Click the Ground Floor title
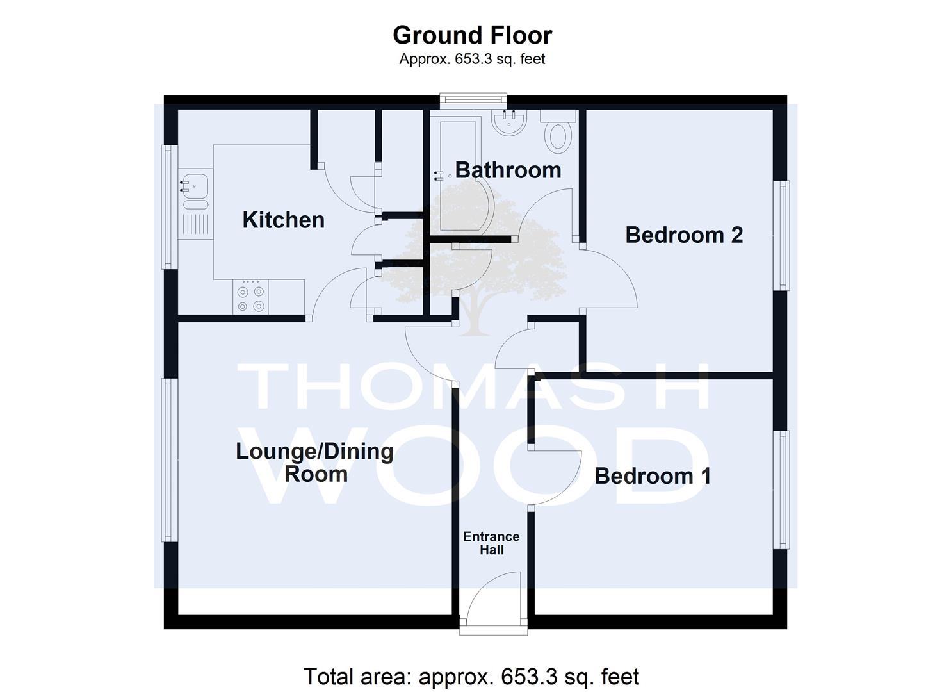[472, 35]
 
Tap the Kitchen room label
[283, 220]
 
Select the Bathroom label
[508, 170]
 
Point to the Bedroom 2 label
[684, 235]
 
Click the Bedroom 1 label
[653, 476]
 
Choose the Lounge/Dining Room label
[314, 462]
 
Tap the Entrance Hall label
[491, 543]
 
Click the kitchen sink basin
[195, 186]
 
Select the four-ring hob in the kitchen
[250, 297]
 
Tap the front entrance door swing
[493, 599]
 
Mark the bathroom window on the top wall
[473, 101]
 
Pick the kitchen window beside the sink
[169, 207]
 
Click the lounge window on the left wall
[169, 460]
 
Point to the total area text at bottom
[471, 676]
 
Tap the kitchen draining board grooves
[195, 224]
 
